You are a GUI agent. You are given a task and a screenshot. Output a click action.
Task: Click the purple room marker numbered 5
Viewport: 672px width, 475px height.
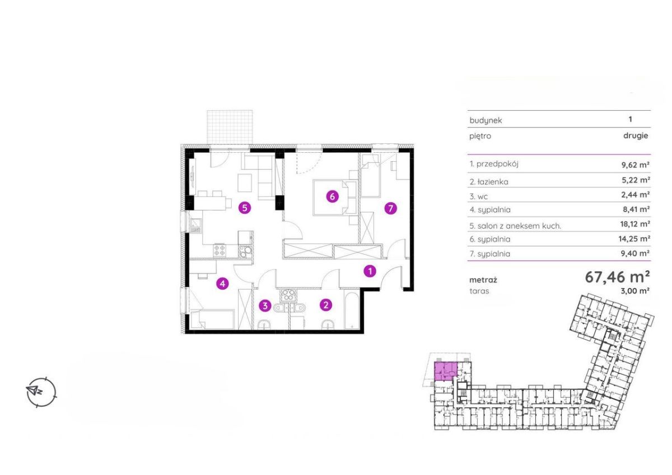245,208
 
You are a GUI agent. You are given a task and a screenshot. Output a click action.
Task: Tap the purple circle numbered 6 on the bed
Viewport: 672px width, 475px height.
332,197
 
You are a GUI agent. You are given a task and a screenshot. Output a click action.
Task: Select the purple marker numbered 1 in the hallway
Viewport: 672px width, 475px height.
370,271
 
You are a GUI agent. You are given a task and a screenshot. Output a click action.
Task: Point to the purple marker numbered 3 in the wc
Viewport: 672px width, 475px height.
265,306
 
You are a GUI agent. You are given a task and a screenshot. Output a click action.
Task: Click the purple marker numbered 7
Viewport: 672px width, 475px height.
390,208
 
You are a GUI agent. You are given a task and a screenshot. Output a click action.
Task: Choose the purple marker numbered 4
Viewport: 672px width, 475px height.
222,283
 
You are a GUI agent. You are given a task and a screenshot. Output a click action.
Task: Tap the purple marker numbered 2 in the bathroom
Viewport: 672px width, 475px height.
326,305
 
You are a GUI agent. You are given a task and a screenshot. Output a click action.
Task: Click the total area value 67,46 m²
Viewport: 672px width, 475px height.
617,277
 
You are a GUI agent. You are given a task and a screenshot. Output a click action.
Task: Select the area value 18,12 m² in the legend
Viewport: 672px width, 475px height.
635,224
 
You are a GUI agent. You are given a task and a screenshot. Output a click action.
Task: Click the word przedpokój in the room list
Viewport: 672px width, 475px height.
497,164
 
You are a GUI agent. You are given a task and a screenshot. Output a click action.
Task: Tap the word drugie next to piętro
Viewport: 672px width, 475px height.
636,136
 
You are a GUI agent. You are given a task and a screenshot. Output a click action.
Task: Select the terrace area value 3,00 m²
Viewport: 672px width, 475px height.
635,291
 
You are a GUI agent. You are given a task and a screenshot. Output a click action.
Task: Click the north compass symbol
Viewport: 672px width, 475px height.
41,392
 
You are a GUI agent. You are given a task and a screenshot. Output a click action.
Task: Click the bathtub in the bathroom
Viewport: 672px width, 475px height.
351,309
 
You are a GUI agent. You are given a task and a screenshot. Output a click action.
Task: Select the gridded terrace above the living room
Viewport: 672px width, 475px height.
230,127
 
